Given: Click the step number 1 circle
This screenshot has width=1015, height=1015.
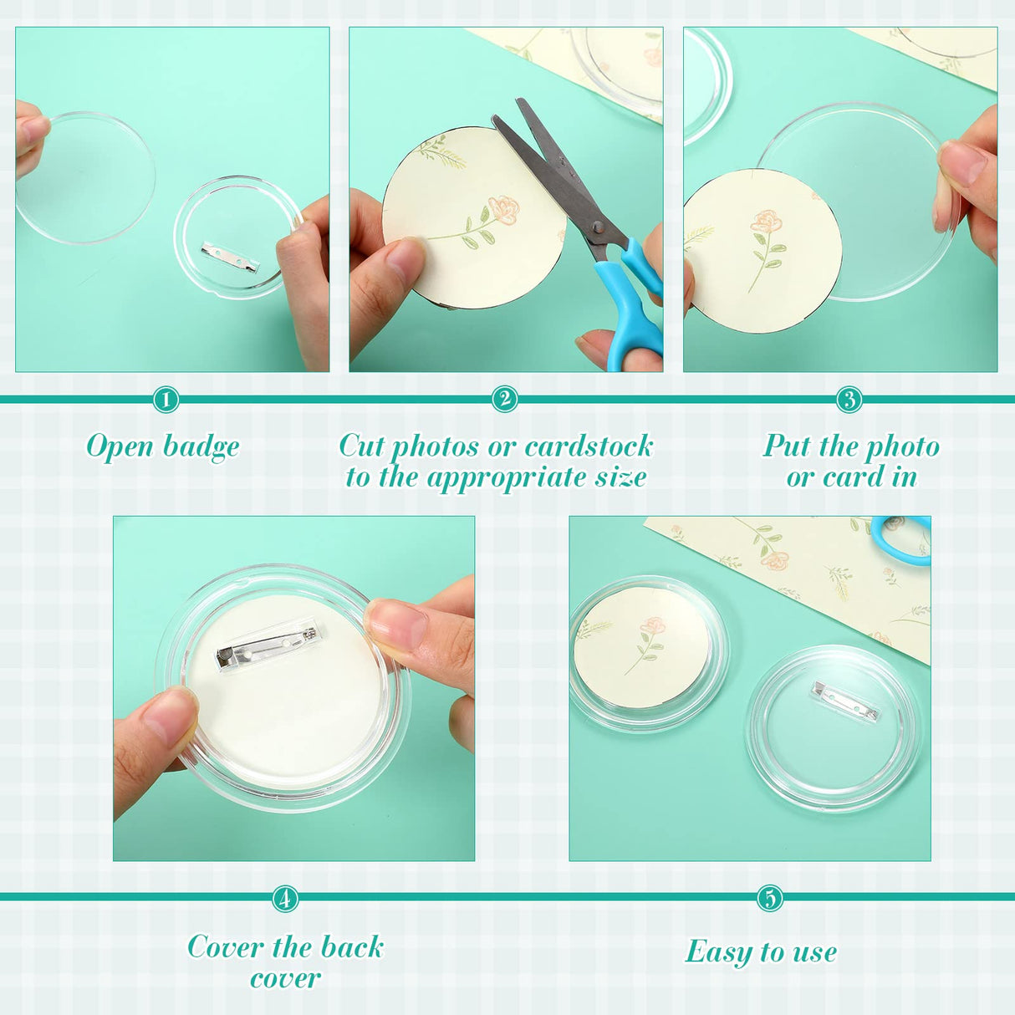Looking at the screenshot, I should (166, 400).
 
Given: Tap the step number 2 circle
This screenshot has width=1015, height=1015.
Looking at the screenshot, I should (504, 400).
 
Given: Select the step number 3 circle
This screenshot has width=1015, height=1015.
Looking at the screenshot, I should (849, 400).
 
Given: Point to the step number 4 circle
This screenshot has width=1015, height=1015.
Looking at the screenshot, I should (285, 899).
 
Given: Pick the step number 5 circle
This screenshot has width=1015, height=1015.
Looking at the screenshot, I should (769, 899).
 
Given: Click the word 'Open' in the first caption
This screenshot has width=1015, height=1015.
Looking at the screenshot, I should (120, 447).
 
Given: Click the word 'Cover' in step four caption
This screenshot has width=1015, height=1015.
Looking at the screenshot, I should (225, 947).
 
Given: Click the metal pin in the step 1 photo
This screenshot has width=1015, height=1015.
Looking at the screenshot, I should (230, 257).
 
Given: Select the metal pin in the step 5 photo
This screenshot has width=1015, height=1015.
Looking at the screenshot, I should (845, 700).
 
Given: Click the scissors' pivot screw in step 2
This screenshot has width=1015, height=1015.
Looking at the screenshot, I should (596, 227).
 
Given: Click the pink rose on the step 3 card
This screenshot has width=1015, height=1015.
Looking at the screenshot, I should (766, 222).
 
